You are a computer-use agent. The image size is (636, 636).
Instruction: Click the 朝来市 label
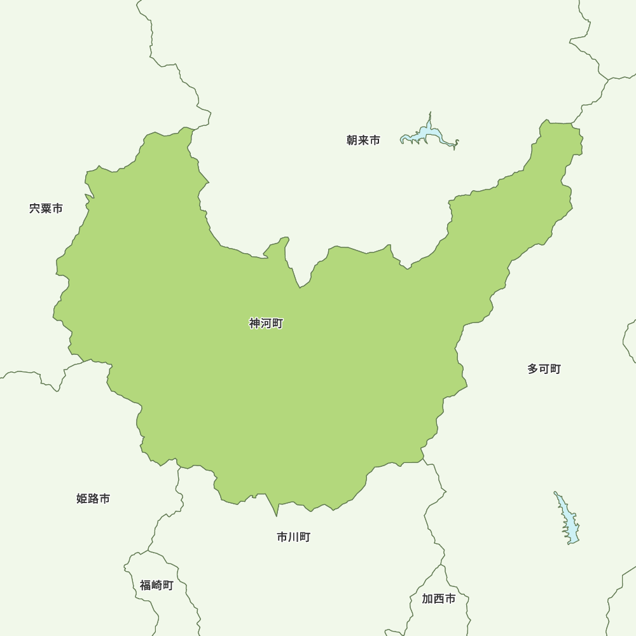click(x=363, y=141)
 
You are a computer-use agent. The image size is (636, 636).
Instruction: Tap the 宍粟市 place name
click(x=46, y=209)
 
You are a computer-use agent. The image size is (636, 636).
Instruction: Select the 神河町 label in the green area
click(x=266, y=324)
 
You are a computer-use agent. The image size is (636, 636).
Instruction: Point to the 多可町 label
click(x=544, y=369)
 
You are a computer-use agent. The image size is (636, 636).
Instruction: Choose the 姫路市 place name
click(x=93, y=499)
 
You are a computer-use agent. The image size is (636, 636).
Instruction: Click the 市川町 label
click(x=293, y=537)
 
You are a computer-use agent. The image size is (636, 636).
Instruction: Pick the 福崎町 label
click(x=156, y=585)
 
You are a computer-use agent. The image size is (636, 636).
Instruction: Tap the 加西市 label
click(x=438, y=599)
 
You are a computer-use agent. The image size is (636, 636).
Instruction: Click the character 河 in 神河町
click(x=266, y=324)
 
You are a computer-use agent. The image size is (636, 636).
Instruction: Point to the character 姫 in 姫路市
click(x=82, y=499)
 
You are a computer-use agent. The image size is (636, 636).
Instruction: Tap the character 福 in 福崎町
click(x=146, y=585)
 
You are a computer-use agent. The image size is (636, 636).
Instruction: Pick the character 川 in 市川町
click(x=293, y=537)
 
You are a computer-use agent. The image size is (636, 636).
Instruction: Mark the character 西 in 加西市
click(x=438, y=599)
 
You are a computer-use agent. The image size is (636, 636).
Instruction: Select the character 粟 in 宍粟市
click(x=46, y=209)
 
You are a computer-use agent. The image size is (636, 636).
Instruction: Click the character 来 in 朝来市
click(x=363, y=141)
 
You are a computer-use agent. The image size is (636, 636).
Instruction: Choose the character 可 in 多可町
click(x=544, y=369)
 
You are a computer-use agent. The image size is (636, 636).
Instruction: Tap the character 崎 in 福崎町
click(x=156, y=585)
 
